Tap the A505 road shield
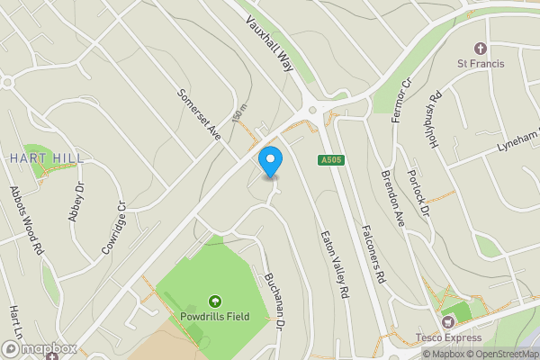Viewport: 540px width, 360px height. [x=329, y=160]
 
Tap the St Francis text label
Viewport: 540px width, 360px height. [x=481, y=64]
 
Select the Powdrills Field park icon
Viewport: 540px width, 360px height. [x=215, y=301]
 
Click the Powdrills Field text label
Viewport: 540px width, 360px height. [x=215, y=317]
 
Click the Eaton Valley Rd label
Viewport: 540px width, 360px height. [x=334, y=265]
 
